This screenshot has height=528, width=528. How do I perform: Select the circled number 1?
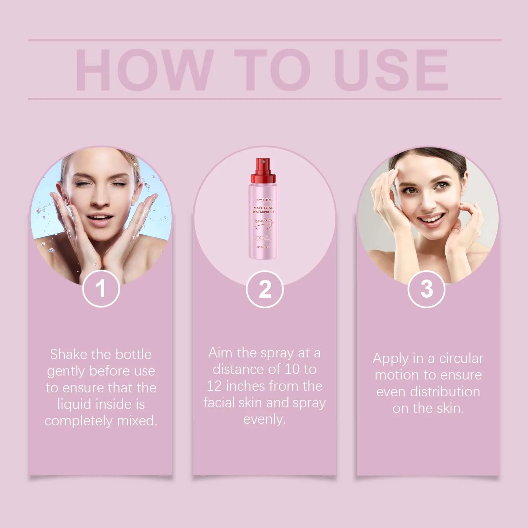point(101,289)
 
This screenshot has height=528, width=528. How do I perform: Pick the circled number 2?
point(265,289)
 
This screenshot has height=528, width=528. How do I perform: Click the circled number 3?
point(426,289)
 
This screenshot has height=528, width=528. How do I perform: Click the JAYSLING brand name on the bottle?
point(263,200)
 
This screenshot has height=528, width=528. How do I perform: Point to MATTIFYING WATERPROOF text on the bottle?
point(264,210)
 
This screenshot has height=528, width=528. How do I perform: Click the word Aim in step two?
point(220,353)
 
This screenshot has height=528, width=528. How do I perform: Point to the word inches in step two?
point(246,386)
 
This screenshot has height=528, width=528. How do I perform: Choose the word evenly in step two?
point(264,419)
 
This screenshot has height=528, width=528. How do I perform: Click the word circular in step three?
point(461,358)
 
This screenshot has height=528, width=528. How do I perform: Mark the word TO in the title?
point(272,70)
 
